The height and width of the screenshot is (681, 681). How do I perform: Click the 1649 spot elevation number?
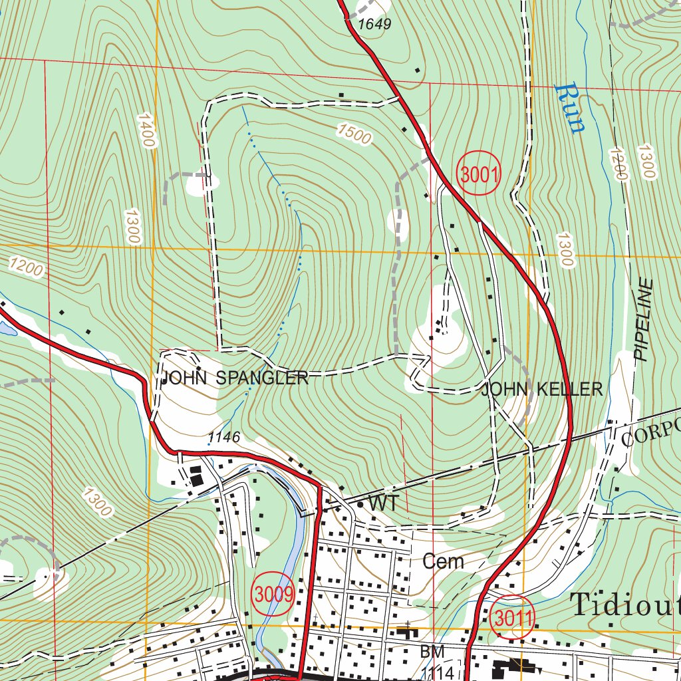tap(374, 25)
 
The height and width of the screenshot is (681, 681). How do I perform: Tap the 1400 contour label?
tap(146, 130)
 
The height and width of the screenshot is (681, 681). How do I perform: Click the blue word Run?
tap(570, 108)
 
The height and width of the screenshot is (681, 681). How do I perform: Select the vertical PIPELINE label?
tap(644, 319)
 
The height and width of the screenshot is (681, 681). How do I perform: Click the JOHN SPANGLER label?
tap(235, 378)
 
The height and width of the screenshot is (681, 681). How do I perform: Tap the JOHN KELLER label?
tap(542, 389)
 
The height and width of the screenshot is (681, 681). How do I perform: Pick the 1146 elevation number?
tap(223, 437)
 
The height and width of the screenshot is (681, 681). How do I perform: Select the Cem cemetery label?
tap(443, 561)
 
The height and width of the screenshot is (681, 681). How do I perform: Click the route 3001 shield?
tap(478, 175)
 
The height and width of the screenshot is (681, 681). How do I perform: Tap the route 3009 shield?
tap(273, 594)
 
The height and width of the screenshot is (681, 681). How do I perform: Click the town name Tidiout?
tap(625, 605)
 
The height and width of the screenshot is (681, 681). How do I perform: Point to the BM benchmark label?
tap(432, 651)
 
